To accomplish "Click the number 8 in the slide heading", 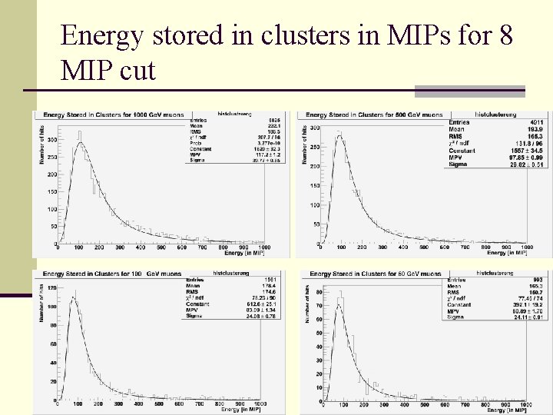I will [x=505, y=35].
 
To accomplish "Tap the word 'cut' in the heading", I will [x=138, y=71].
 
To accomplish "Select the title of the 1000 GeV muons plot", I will [x=113, y=115].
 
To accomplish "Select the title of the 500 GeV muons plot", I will [x=373, y=115].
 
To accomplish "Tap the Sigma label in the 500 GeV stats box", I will [x=459, y=164].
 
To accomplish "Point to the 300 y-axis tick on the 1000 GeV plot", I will [x=51, y=140].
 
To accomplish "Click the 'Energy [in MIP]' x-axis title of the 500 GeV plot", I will [x=507, y=253].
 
